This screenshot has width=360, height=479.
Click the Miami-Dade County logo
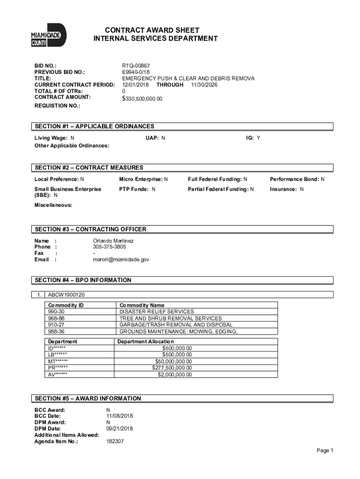pyautogui.click(x=48, y=35)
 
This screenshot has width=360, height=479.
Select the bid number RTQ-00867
pyautogui.click(x=136, y=66)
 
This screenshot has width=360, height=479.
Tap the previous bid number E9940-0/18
pyautogui.click(x=137, y=73)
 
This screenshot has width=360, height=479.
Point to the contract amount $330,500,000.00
pyautogui.click(x=142, y=99)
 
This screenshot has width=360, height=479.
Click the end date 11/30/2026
pyautogui.click(x=204, y=85)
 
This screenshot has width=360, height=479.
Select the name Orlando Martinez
pyautogui.click(x=113, y=240)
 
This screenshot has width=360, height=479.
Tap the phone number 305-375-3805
pyautogui.click(x=109, y=247)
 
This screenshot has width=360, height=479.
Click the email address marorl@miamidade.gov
pyautogui.click(x=121, y=259)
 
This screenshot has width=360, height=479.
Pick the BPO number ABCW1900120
pyautogui.click(x=66, y=295)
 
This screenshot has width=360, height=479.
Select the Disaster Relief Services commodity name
pyautogui.click(x=157, y=312)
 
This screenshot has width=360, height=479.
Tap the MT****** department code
pyautogui.click(x=58, y=361)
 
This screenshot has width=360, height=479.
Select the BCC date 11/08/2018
pyautogui.click(x=120, y=416)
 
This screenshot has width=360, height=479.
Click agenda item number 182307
pyautogui.click(x=115, y=441)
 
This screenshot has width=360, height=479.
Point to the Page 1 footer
pyautogui.click(x=324, y=450)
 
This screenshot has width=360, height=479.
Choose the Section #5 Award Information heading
pyautogui.click(x=88, y=399)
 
